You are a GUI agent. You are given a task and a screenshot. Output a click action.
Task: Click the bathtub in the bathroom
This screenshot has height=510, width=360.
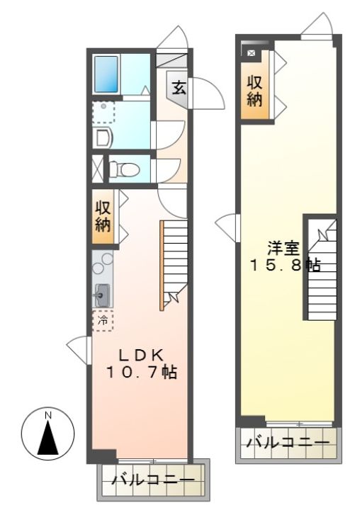click(106, 74)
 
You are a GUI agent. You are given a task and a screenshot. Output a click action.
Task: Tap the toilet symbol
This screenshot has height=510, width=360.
click(124, 169)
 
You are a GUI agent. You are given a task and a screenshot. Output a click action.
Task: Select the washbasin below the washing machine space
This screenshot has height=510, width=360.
click(102, 138)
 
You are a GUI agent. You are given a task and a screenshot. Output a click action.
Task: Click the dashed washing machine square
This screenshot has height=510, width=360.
click(103, 112)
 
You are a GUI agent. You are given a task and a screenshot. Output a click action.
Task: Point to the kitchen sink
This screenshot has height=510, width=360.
click(102, 295)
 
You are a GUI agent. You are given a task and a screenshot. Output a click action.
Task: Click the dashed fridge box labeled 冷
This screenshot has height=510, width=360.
click(103, 321)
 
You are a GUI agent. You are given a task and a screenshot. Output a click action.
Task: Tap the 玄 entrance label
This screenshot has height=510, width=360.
click(179, 88)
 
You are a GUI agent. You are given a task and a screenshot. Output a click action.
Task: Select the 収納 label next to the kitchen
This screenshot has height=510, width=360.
click(103, 216)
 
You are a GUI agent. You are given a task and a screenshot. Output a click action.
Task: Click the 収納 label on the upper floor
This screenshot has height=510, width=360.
click(254, 91)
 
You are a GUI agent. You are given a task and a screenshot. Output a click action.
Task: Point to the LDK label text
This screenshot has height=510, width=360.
click(141, 355)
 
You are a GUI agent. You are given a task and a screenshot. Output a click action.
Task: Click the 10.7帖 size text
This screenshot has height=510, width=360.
click(141, 372)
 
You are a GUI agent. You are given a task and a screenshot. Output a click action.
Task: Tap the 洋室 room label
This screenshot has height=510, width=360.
click(283, 249)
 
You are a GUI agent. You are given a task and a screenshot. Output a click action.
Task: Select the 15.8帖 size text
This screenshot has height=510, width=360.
click(285, 266)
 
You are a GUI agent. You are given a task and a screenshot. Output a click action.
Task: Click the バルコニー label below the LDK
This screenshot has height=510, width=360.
click(153, 480)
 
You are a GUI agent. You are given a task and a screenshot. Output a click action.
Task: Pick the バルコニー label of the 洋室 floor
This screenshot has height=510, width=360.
click(288, 443)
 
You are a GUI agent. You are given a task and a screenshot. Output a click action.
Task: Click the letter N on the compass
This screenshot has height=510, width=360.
click(48, 415)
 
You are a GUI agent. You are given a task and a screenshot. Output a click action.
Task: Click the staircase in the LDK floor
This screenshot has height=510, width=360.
click(174, 264)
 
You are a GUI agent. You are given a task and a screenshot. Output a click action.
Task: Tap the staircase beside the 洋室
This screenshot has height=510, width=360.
click(322, 269)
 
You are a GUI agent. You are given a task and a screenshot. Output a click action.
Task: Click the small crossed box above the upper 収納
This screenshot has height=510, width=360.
click(251, 53)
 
